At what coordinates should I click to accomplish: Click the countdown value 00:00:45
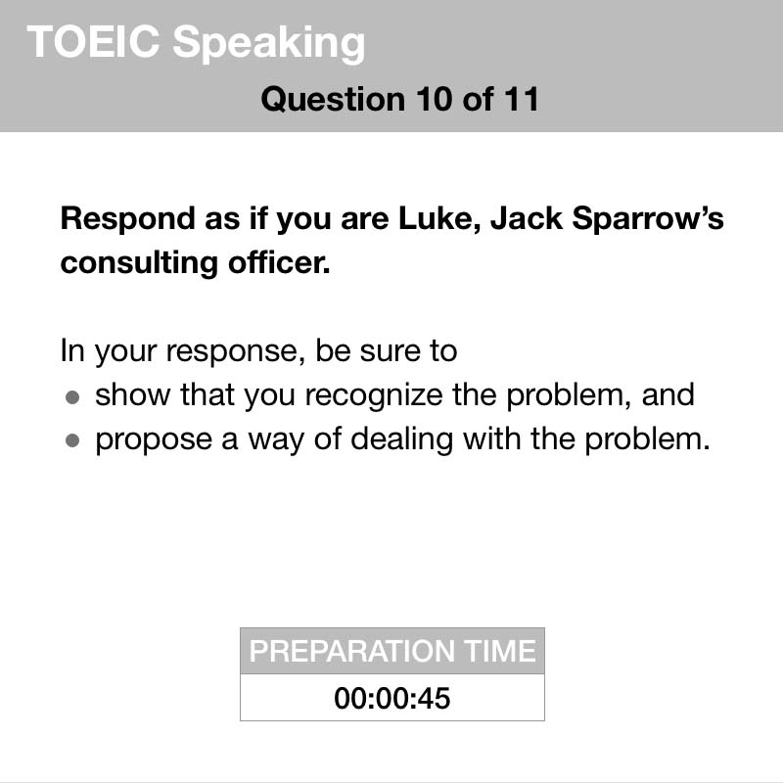point(392,698)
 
